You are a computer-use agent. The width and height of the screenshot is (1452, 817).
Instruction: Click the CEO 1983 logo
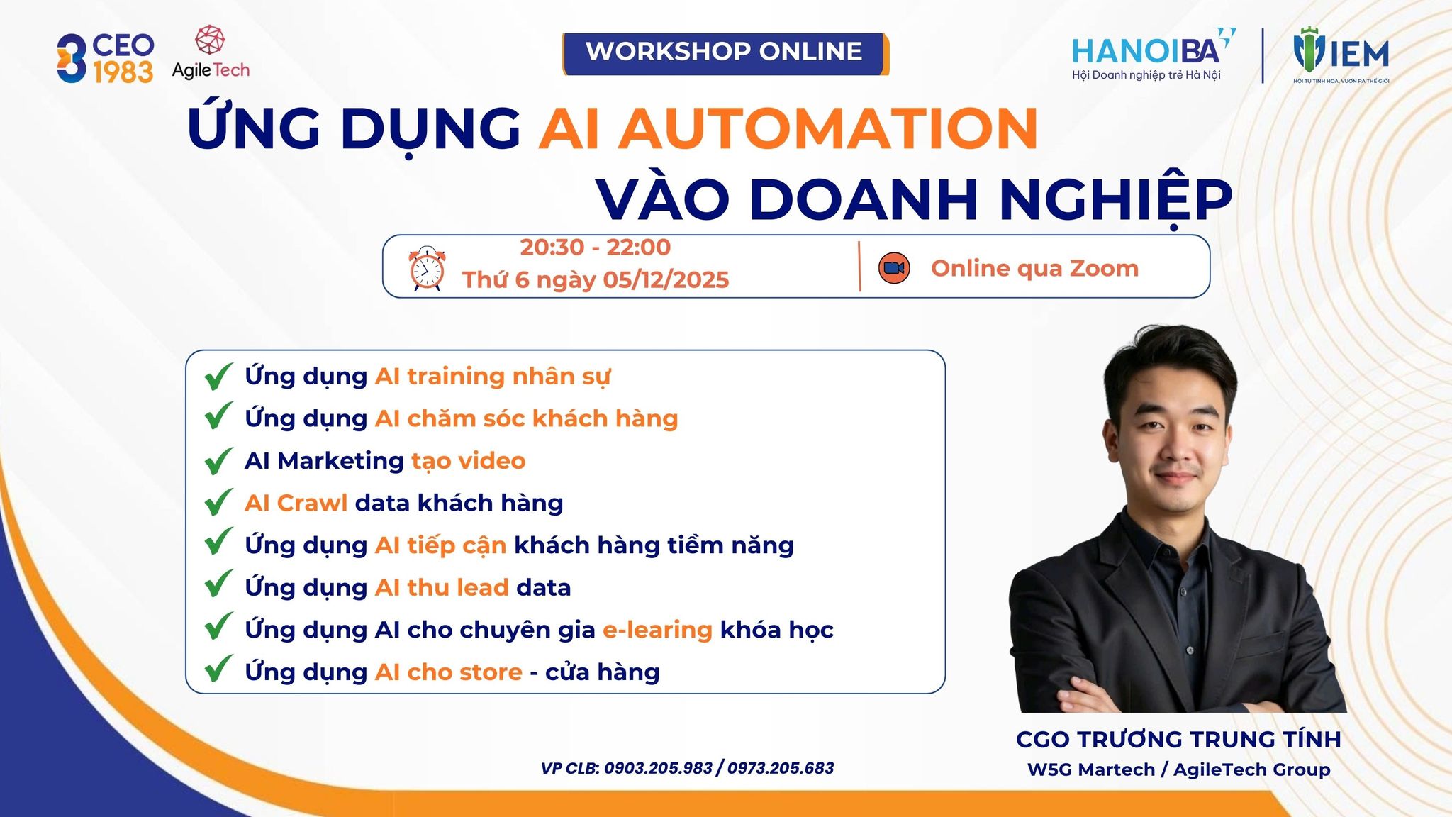(x=105, y=58)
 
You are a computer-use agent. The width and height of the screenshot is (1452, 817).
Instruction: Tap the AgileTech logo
(x=211, y=52)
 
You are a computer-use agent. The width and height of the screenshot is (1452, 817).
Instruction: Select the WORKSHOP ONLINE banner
(x=725, y=53)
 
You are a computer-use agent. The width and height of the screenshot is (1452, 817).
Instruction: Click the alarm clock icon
(x=427, y=269)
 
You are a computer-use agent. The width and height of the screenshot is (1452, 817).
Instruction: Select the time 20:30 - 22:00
(x=595, y=247)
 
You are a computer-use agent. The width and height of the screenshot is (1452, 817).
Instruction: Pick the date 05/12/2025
(x=666, y=279)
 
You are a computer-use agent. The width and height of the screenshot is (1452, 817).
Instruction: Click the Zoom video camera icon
(x=894, y=268)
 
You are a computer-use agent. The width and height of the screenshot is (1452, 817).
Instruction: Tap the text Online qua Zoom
(x=1034, y=268)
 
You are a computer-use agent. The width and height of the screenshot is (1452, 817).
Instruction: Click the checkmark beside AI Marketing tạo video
(x=218, y=461)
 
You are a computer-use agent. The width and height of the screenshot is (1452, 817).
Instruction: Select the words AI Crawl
(x=296, y=503)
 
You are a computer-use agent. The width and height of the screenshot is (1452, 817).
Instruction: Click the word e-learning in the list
(x=657, y=630)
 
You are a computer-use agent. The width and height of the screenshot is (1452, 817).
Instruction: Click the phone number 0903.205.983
(x=658, y=768)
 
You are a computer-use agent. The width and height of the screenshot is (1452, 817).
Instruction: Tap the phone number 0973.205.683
(x=781, y=768)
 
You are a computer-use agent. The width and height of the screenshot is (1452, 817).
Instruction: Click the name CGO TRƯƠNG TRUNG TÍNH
(x=1178, y=739)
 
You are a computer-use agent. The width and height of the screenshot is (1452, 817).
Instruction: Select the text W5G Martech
(x=1091, y=769)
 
